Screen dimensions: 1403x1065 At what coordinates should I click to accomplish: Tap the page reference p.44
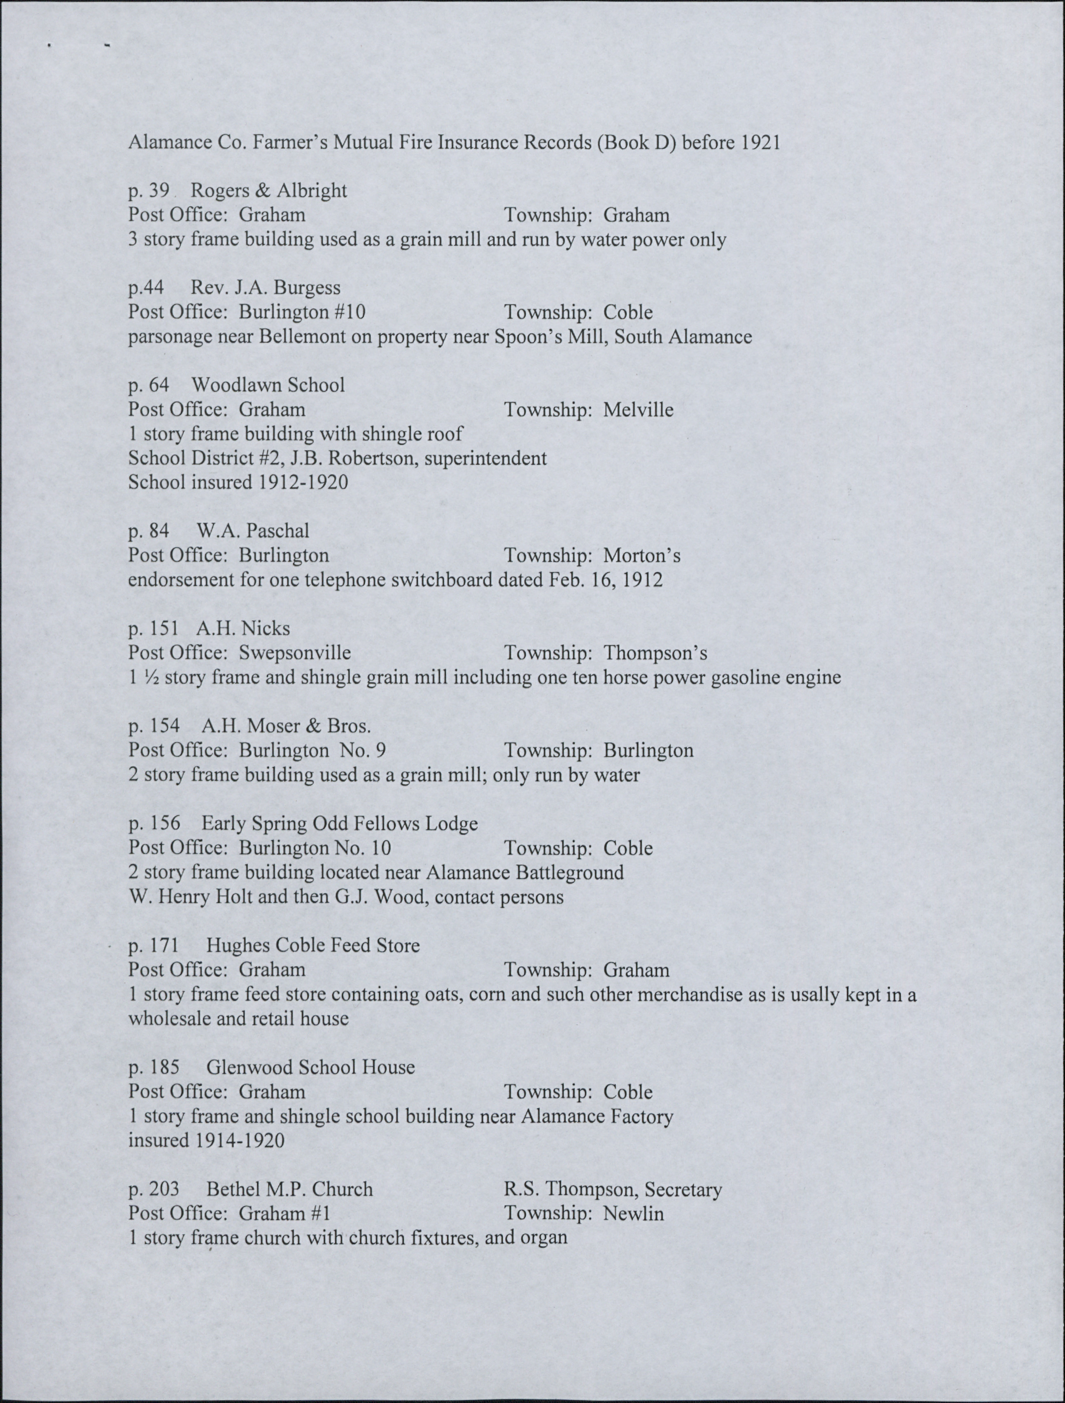coord(146,288)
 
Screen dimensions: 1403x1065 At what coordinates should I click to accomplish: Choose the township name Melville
coord(638,410)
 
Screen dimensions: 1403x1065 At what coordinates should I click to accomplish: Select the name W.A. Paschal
coord(252,531)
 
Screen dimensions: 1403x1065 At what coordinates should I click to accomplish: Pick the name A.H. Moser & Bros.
coord(285,726)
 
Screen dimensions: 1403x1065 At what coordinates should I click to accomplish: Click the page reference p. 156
coord(154,823)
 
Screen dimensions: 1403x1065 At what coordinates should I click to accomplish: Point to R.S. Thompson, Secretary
coord(612,1189)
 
